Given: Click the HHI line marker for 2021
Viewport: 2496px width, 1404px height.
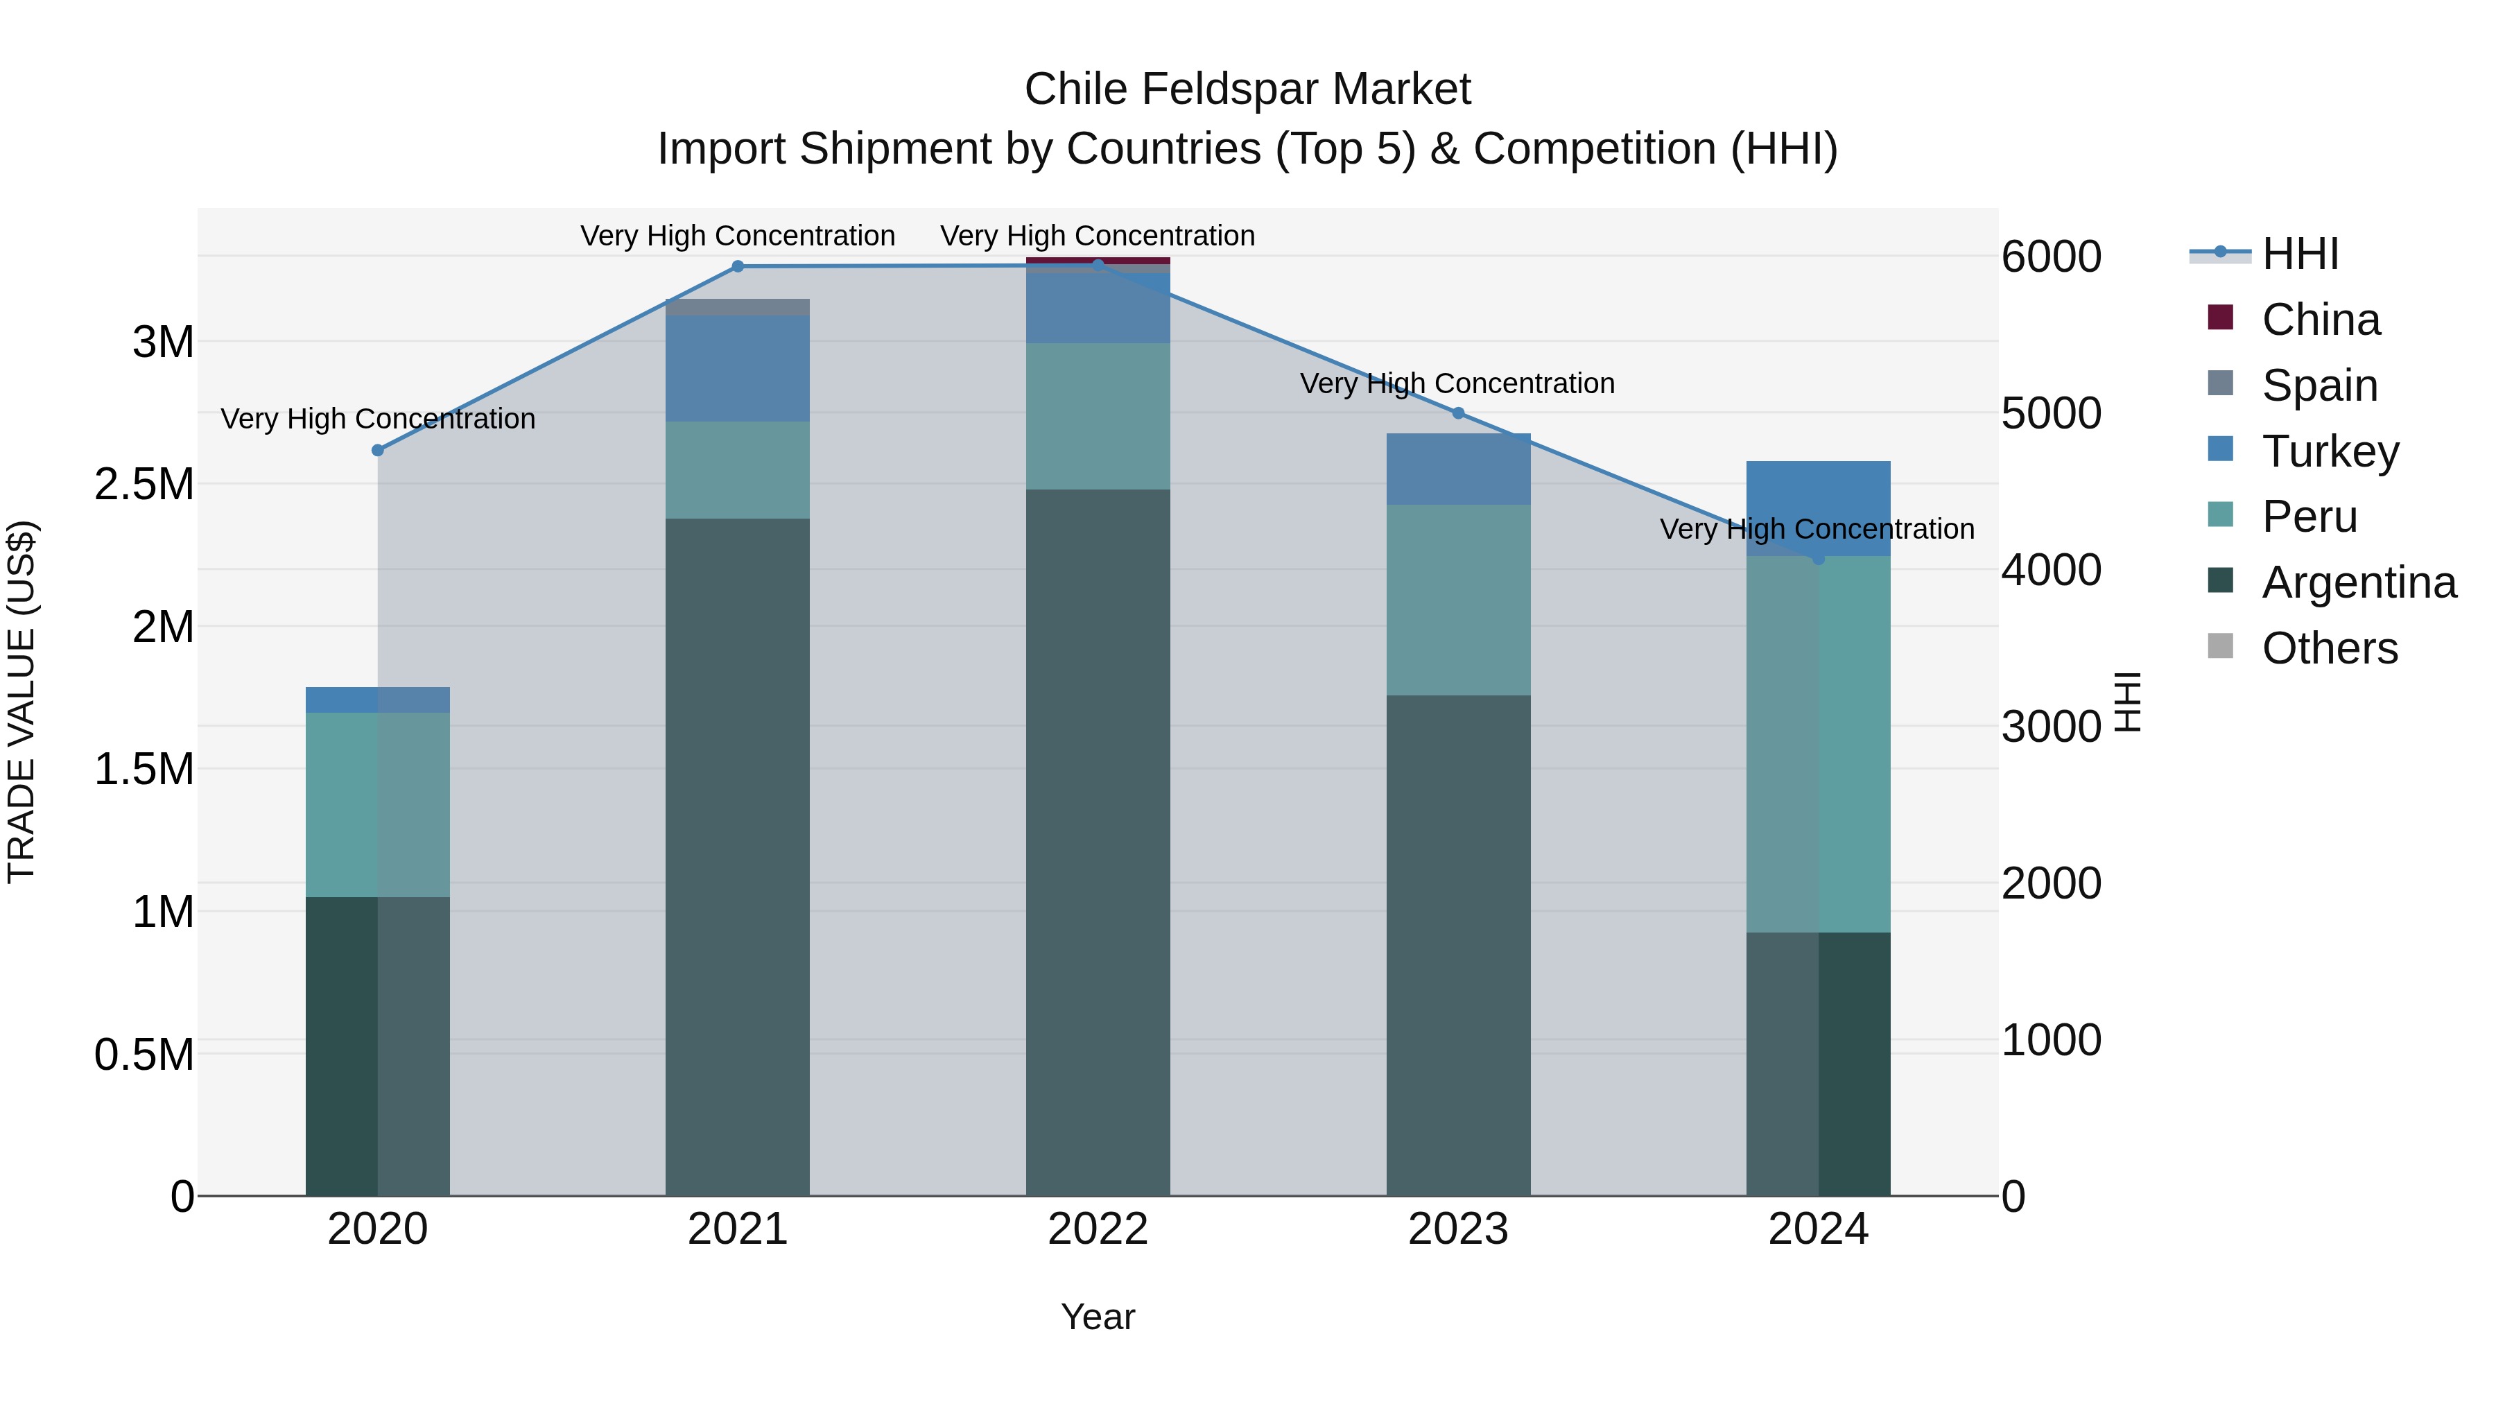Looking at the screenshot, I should click(738, 266).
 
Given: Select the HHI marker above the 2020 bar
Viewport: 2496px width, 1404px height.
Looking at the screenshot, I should click(378, 451).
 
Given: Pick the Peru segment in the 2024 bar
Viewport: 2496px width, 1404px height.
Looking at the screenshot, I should click(1818, 744).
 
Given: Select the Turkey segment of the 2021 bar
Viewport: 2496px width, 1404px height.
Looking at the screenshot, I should click(738, 368).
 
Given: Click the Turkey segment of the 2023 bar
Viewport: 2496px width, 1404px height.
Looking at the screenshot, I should click(1458, 469).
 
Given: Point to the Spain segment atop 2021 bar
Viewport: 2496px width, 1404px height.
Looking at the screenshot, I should click(738, 307).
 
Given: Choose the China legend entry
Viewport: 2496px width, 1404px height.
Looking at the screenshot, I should click(2320, 320).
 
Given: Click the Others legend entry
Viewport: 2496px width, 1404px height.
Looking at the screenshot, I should click(2330, 648).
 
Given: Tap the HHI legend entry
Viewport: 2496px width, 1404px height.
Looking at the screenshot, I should click(2300, 254).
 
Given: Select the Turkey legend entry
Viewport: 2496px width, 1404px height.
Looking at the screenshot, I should click(2330, 451).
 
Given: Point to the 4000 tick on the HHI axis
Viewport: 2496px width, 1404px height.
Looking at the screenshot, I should click(2052, 570).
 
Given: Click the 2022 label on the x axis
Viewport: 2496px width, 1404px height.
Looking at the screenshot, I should click(1098, 1229).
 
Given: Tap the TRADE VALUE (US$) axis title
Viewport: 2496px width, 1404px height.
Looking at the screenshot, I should click(22, 702).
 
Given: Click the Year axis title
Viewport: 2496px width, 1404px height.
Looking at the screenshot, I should click(1098, 1317).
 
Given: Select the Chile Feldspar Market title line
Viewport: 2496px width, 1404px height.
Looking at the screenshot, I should click(1247, 89).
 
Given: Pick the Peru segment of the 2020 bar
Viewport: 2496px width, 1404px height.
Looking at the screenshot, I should click(378, 804).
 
